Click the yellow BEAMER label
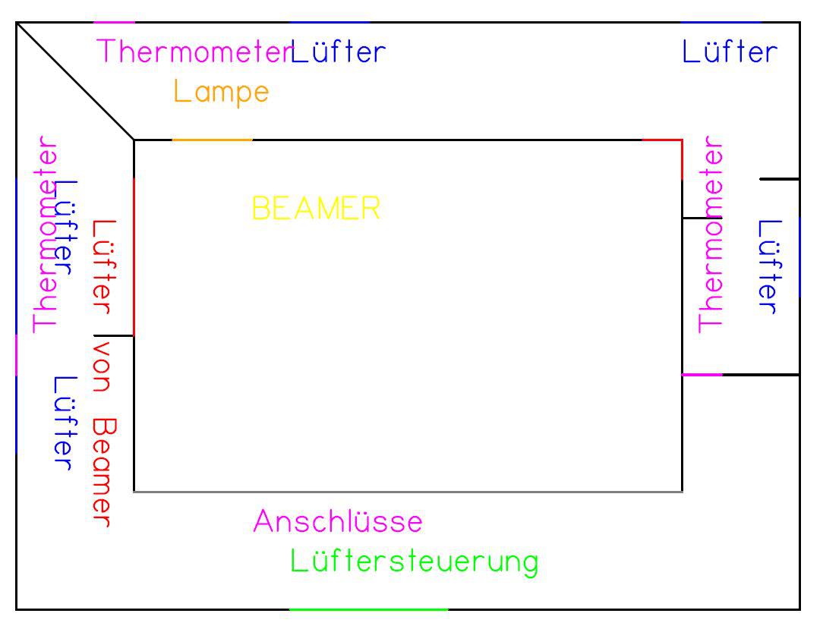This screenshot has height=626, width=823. pos(316,209)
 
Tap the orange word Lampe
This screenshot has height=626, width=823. pos(221,93)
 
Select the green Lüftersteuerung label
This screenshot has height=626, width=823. pos(414,562)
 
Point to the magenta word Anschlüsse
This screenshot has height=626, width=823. pos(338,521)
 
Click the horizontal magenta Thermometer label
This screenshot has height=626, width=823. pos(194,52)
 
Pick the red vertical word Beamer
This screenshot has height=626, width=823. pos(103,473)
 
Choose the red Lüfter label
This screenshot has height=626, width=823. pos(104,267)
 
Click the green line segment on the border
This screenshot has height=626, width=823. pos(368,610)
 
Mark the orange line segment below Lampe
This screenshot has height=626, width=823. pos(212,140)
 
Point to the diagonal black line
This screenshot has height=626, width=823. pos(75,81)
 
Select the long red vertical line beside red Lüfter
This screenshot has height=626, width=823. pos(134,257)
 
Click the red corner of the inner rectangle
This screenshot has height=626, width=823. pos(682,140)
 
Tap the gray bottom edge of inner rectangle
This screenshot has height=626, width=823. pos(408,492)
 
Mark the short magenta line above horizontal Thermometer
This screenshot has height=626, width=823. pos(114,23)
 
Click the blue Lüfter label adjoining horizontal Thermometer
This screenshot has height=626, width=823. pos(338,52)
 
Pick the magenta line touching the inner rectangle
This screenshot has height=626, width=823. pos(702,375)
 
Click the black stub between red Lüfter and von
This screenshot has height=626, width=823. pos(113,335)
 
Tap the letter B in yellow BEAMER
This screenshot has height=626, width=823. pos(260,209)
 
